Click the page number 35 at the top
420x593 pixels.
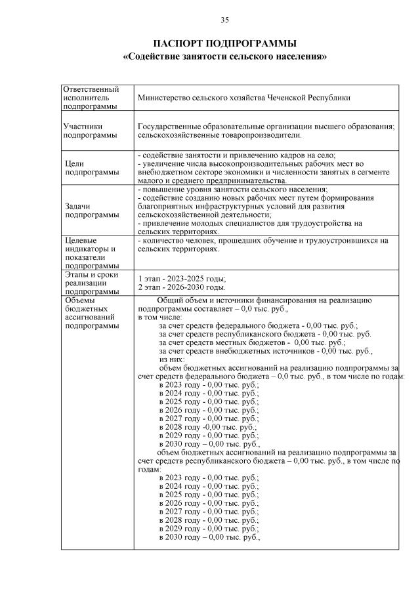click(224, 20)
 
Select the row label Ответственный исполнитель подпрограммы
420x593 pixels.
click(91, 97)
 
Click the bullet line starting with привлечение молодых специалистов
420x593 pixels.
click(250, 223)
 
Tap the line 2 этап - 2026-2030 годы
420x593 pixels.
click(182, 287)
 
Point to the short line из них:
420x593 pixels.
click(172, 359)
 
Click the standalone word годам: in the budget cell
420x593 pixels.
click(150, 470)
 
